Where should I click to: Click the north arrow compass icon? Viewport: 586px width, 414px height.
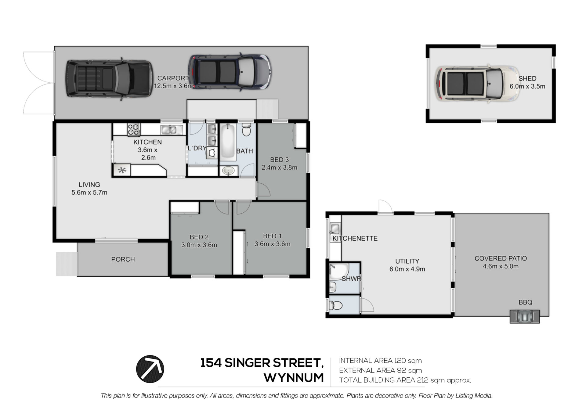[150, 369]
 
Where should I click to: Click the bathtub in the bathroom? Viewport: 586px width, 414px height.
[228, 142]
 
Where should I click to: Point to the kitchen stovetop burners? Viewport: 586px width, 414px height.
[133, 129]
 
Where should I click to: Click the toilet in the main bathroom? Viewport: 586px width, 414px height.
[246, 130]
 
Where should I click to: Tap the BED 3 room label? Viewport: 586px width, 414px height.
[279, 160]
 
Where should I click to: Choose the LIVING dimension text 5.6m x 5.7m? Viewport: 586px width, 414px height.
[89, 193]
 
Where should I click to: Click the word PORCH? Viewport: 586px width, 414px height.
[123, 259]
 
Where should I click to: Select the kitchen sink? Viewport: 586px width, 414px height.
[169, 130]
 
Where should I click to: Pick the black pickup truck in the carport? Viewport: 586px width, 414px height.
[109, 78]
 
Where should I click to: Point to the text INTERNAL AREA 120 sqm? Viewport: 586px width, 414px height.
[380, 361]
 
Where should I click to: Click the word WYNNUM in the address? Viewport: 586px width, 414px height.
[294, 378]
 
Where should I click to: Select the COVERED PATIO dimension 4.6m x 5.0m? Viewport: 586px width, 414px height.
[501, 266]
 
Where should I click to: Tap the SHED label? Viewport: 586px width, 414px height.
[527, 78]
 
